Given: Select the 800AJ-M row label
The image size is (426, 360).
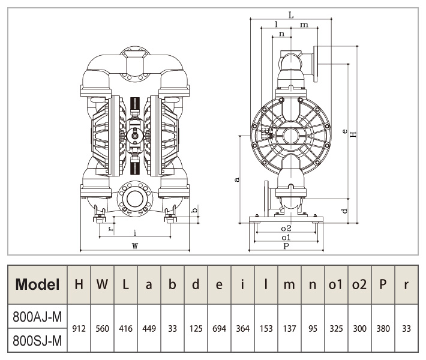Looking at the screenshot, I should pyautogui.click(x=37, y=317).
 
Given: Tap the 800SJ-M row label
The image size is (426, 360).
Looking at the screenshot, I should pyautogui.click(x=37, y=340).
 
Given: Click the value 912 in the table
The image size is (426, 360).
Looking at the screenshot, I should pyautogui.click(x=79, y=329).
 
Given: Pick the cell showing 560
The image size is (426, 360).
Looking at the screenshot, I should pyautogui.click(x=102, y=329).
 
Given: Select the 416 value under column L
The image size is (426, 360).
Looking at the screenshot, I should pyautogui.click(x=125, y=329).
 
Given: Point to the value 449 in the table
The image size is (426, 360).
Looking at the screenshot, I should pyautogui.click(x=149, y=329).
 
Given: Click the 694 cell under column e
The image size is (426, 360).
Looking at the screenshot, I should pyautogui.click(x=219, y=329).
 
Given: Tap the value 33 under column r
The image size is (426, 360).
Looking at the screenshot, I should pyautogui.click(x=406, y=329).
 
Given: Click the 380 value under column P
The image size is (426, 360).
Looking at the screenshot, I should pyautogui.click(x=383, y=329).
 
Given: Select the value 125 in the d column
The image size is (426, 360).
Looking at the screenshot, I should pyautogui.click(x=196, y=329).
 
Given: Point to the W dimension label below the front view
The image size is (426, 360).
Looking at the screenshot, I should pyautogui.click(x=135, y=245).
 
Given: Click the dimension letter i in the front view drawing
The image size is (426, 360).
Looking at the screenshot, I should pyautogui.click(x=135, y=232).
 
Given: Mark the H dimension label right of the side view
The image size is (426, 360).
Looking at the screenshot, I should pyautogui.click(x=354, y=134).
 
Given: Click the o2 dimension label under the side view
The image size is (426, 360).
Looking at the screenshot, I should pyautogui.click(x=286, y=229).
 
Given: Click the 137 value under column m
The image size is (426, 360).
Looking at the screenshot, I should pyautogui.click(x=289, y=329).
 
